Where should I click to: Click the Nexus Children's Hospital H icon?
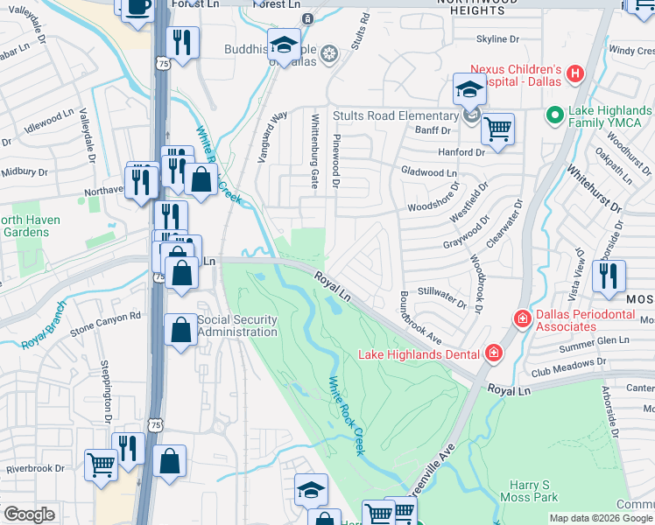pos(574,73)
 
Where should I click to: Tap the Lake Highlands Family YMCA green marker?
pos(553,115)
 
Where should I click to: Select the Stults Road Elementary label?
pos(395,115)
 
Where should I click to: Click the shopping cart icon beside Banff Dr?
pos(497,129)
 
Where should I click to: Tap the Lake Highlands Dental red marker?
pos(494,353)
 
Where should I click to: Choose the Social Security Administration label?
pos(237,325)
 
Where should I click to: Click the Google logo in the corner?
pos(29,514)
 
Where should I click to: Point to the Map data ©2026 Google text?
pos(600,518)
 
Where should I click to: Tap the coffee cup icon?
pos(137,7)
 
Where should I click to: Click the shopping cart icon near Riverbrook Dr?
pos(101,464)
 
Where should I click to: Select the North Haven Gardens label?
pos(30,226)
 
